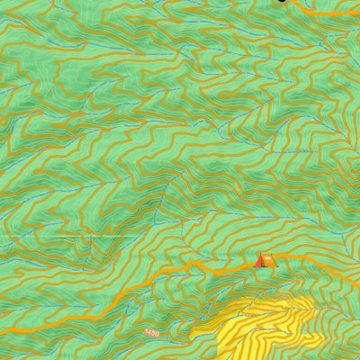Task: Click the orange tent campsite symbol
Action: (x=264, y=260)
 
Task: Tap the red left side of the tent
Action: (x=259, y=262)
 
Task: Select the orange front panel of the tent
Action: (x=267, y=262)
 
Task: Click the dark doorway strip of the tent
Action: (x=263, y=262)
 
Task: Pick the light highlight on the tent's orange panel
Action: (x=267, y=259)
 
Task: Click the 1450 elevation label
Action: (x=151, y=333)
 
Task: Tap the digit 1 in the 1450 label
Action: (x=146, y=334)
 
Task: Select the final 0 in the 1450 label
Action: (x=157, y=332)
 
